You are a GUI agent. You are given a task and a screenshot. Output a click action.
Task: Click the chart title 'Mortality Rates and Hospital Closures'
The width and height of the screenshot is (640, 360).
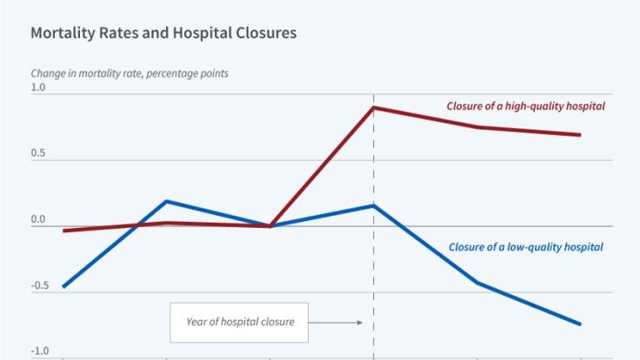pos(163,34)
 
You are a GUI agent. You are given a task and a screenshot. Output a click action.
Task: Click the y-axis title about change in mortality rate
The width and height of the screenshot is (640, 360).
pos(130,73)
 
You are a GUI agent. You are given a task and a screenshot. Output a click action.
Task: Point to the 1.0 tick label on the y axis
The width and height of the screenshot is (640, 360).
pos(38,88)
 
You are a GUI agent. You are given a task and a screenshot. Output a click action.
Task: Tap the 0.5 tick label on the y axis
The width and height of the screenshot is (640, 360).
pos(38,154)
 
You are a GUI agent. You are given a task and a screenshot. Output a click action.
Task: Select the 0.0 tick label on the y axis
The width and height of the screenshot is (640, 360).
pos(38,220)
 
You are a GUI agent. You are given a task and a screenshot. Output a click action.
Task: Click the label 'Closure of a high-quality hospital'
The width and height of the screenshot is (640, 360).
pos(525,106)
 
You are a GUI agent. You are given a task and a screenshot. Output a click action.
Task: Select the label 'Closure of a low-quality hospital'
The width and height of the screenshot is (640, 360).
pos(525,247)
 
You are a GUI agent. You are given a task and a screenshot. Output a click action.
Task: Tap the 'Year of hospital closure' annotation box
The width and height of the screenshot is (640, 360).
pos(240,322)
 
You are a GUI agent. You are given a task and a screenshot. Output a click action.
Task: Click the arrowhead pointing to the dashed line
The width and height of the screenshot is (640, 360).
pos(359,323)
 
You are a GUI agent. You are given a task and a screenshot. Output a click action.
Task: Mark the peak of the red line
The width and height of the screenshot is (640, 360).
pos(374,108)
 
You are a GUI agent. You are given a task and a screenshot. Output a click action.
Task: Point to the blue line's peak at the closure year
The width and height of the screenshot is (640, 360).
pos(374,205)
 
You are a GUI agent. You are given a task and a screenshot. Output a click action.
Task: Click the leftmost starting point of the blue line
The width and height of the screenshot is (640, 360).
pos(63,287)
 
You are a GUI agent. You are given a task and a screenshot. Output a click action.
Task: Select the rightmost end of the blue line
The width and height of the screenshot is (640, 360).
pos(580,324)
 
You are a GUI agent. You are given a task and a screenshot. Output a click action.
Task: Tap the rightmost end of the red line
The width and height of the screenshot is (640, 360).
pos(580,135)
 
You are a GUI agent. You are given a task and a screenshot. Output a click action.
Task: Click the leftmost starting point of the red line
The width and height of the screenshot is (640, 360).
pos(63,230)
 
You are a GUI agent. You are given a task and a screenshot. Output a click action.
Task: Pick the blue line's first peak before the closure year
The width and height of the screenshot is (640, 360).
pos(166,201)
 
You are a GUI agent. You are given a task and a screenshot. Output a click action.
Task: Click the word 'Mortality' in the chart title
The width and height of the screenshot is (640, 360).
pos(59,34)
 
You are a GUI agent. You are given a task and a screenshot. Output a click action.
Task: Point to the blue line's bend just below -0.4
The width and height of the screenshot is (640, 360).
pos(477,283)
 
